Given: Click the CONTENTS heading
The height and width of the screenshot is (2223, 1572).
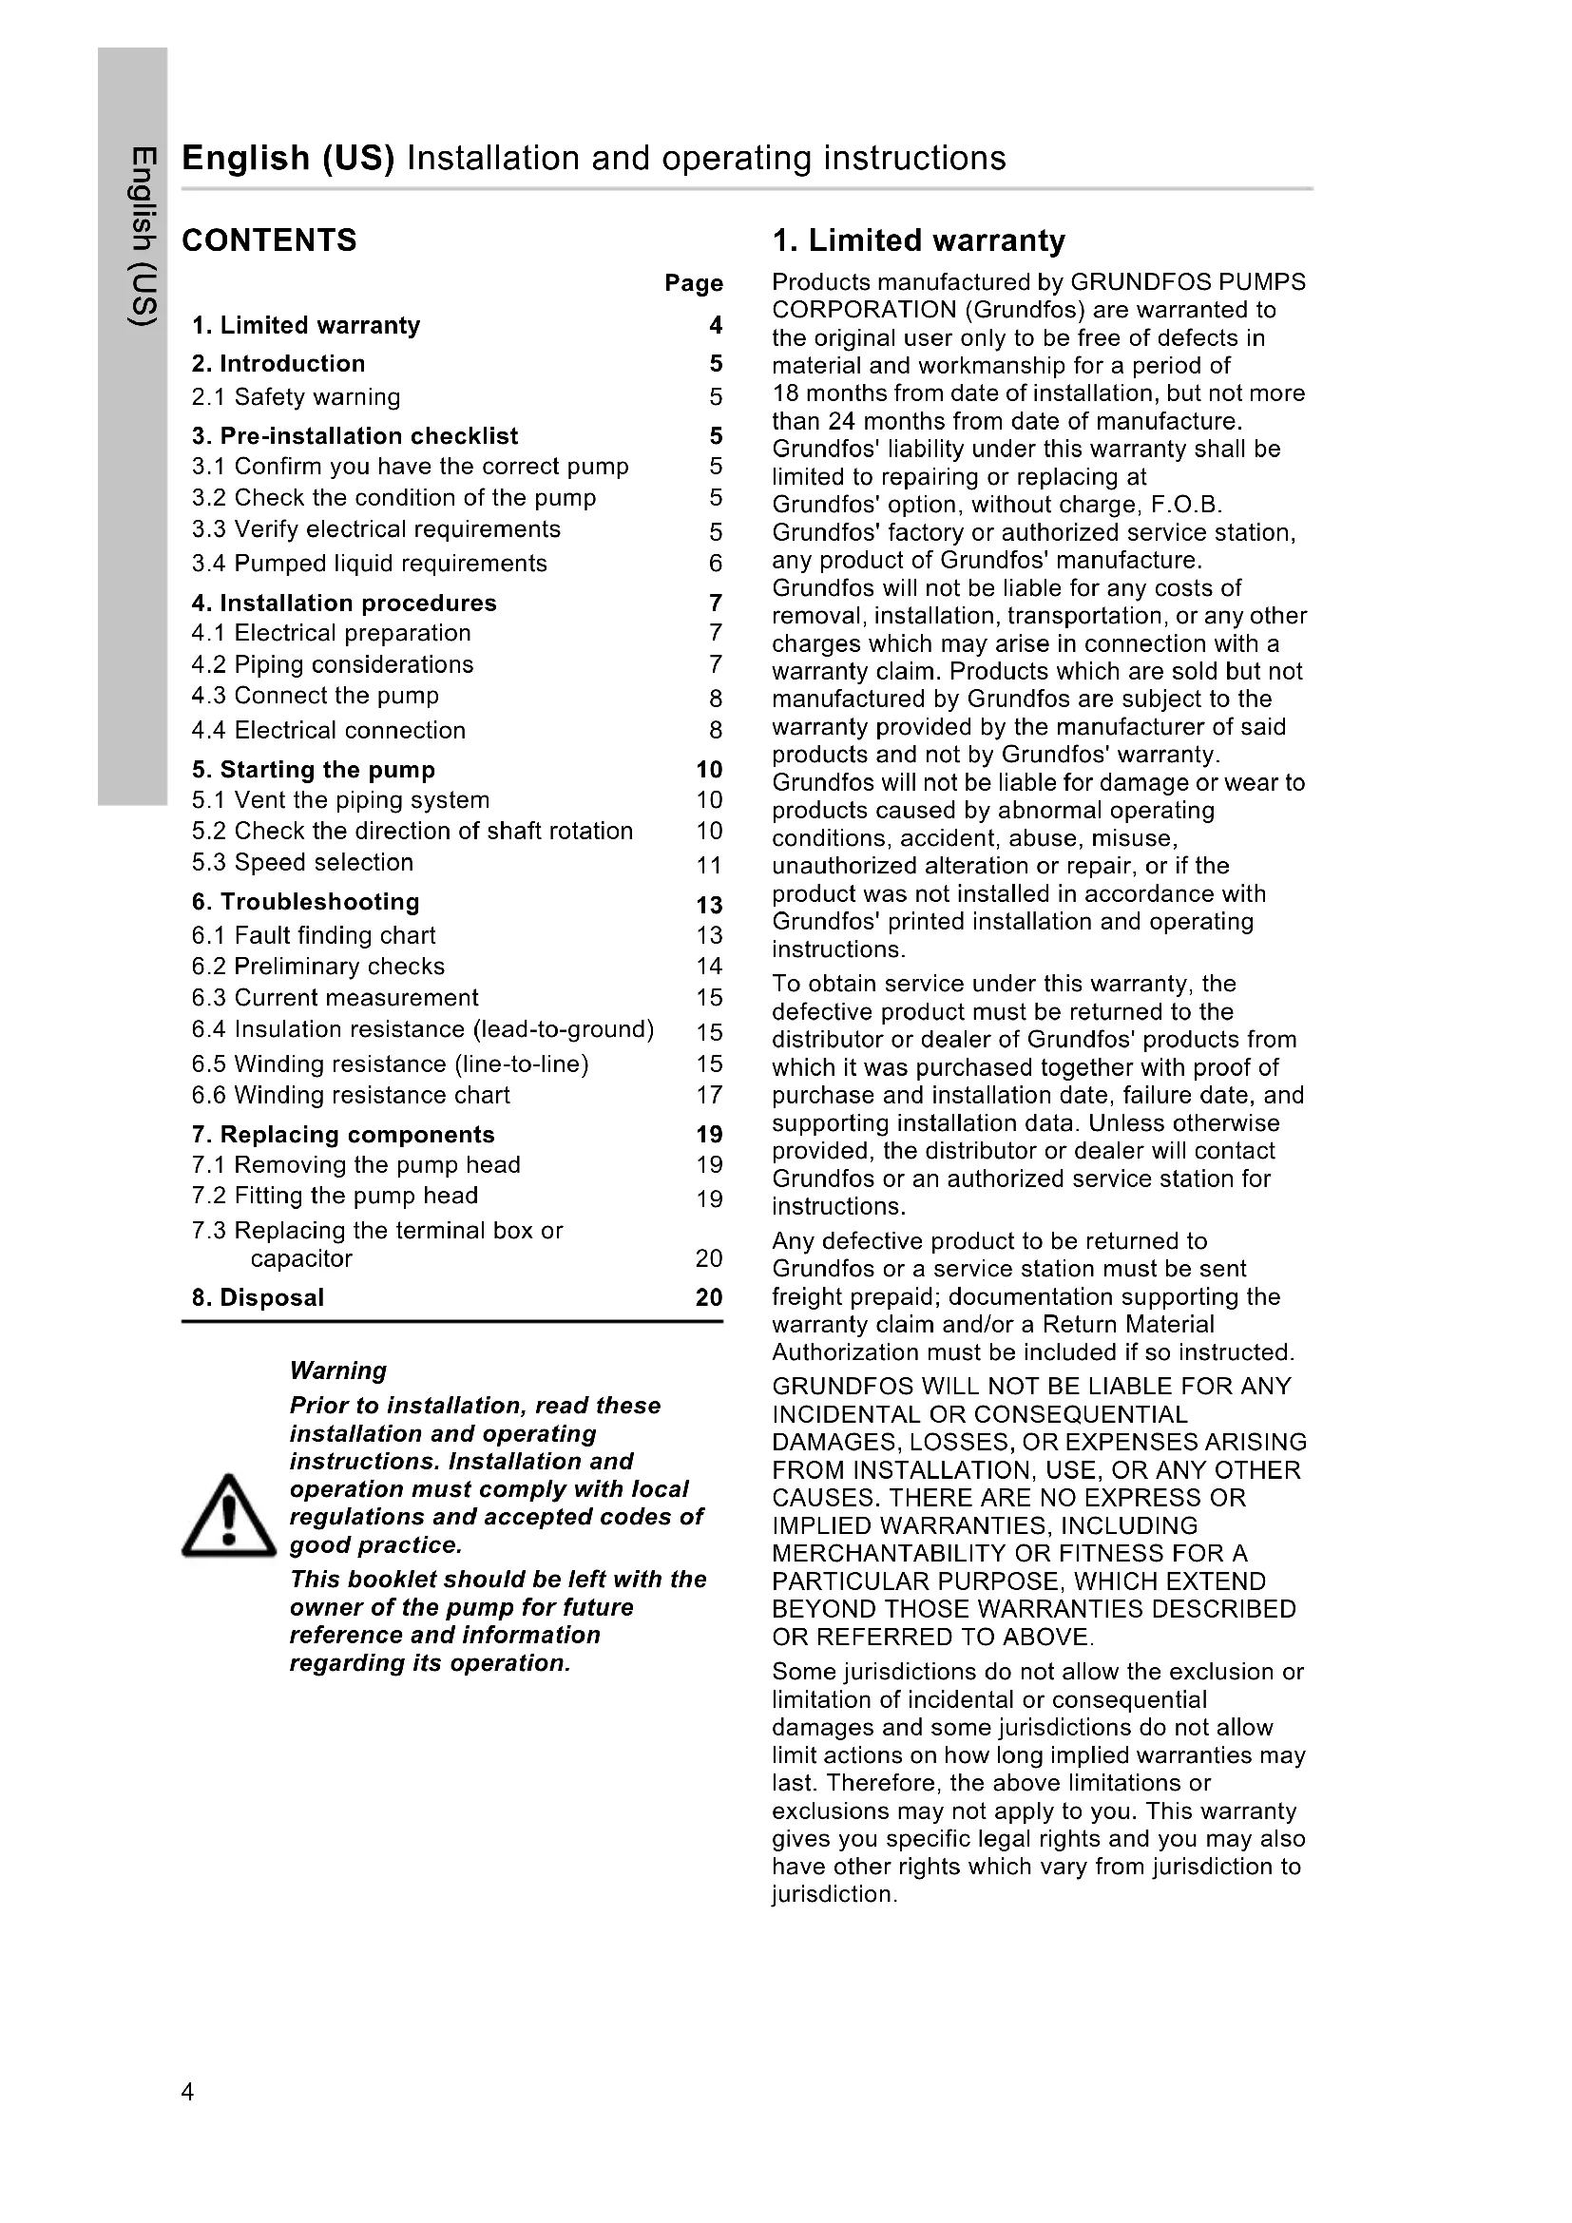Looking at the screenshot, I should [269, 240].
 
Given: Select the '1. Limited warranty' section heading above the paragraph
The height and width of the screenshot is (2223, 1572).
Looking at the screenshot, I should [919, 240].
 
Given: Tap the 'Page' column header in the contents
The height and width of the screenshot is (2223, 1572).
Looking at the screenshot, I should [693, 282].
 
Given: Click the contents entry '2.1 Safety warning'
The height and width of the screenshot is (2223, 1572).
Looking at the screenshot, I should [296, 397].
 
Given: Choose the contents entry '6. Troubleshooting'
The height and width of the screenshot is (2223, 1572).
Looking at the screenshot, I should [305, 901].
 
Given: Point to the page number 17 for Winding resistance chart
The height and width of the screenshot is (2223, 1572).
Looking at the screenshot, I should [709, 1095].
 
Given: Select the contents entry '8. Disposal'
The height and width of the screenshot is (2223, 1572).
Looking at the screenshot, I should [258, 1297].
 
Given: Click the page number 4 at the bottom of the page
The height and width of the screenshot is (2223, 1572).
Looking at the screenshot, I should [188, 2092].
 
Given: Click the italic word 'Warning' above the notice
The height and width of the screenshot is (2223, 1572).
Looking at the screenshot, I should [337, 1370].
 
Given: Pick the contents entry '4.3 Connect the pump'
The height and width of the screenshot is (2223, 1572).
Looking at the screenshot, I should [315, 695].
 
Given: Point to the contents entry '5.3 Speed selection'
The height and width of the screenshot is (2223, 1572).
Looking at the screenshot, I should [302, 862].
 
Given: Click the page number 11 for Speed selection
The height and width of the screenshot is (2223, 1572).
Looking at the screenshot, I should [709, 865].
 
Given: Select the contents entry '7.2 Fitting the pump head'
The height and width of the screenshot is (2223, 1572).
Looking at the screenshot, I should [335, 1196].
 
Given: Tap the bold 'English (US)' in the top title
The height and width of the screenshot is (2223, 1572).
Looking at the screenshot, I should [287, 158].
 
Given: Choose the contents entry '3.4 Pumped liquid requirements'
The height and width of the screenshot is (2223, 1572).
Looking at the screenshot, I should [369, 564].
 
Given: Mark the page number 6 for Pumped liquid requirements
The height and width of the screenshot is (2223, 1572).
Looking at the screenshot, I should [716, 564].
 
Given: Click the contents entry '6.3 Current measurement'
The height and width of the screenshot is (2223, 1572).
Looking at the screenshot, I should [335, 997].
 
